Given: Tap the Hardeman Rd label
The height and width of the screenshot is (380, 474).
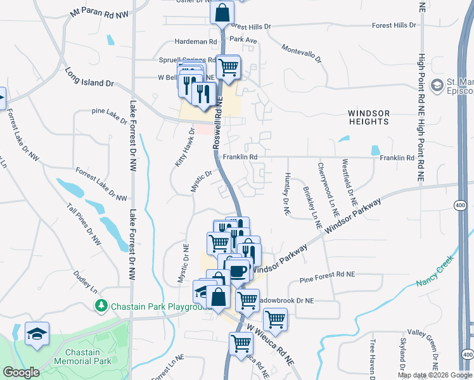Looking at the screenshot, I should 196,41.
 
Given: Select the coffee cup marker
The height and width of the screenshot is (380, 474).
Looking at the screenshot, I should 238,270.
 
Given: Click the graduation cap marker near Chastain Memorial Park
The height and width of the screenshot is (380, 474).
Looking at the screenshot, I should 37,333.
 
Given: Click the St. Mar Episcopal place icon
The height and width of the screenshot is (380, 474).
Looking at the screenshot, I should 436,85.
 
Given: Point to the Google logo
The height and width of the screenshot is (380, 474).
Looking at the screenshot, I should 21,372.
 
